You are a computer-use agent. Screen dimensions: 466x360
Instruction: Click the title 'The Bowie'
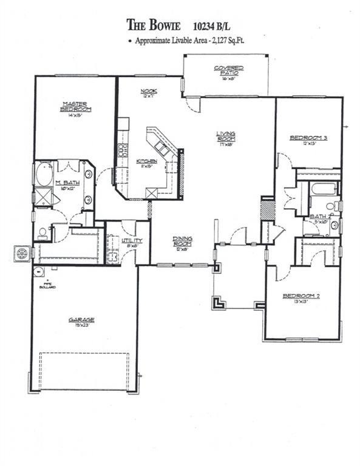click(x=154, y=25)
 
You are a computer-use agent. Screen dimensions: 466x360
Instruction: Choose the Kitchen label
click(x=149, y=161)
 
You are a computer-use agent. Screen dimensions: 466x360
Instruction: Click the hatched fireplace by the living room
click(x=268, y=209)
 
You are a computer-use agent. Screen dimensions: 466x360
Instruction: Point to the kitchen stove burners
click(x=121, y=149)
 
